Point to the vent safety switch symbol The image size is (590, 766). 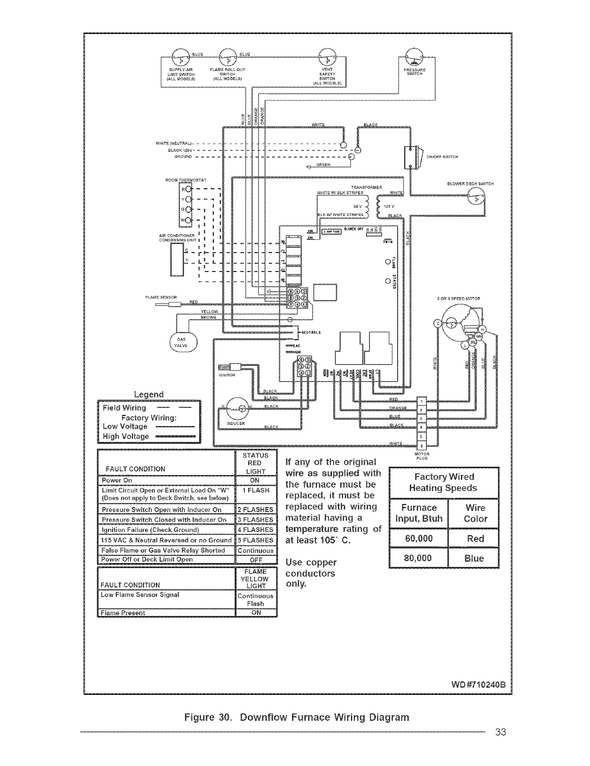(327, 57)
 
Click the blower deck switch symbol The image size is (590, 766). (477, 198)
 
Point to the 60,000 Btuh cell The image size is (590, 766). (419, 538)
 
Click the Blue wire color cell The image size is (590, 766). (474, 558)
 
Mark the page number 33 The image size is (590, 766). (501, 732)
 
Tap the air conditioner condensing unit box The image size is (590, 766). (176, 259)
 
